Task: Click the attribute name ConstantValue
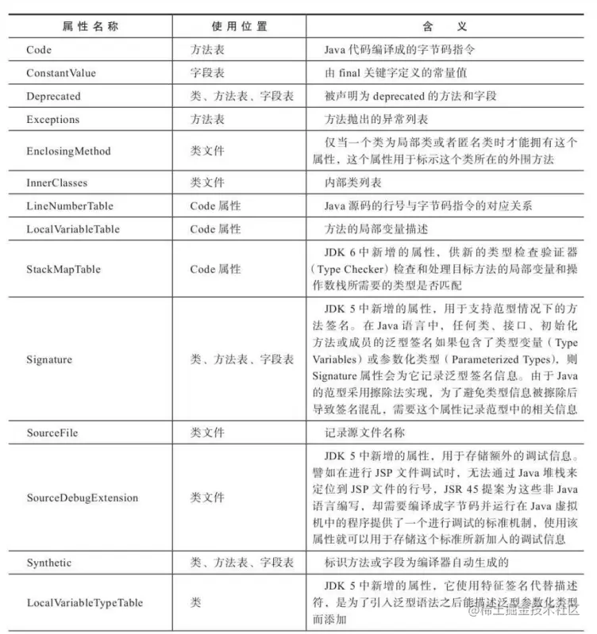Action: (x=61, y=73)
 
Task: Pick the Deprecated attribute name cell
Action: (x=54, y=96)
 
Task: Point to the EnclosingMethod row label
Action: (x=68, y=151)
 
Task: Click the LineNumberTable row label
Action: (x=70, y=206)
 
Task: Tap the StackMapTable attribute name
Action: (x=64, y=269)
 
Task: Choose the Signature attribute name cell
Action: (x=49, y=359)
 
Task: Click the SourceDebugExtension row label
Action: (x=82, y=498)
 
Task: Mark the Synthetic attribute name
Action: (x=49, y=563)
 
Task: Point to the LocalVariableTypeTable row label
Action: (x=84, y=603)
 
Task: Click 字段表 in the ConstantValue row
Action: (x=207, y=73)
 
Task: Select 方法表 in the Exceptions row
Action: (x=207, y=120)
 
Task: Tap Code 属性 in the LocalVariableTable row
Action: (x=215, y=229)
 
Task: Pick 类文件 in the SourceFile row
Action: (x=207, y=433)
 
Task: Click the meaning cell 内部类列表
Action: (x=353, y=183)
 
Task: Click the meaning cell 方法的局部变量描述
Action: (x=376, y=229)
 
